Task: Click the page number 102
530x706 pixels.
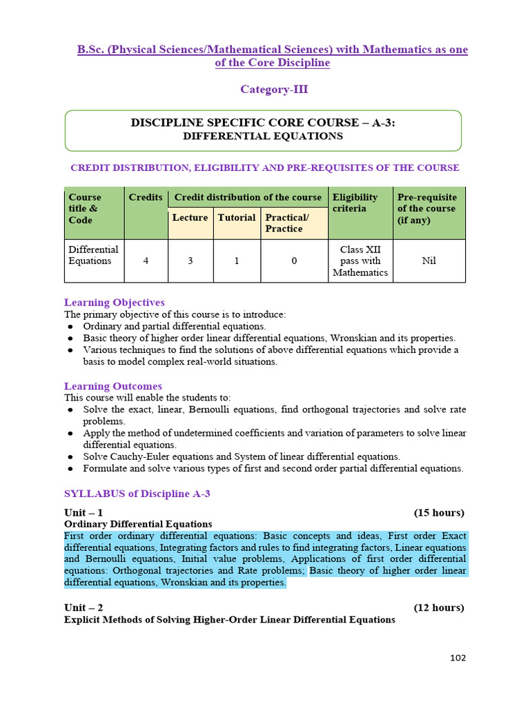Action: tap(458, 658)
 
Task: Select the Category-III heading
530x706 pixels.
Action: tap(274, 89)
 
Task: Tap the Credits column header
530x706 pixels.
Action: tap(146, 197)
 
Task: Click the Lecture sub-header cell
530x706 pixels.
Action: tap(190, 217)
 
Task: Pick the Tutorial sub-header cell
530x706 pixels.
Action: tap(237, 217)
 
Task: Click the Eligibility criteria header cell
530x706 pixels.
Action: tap(355, 203)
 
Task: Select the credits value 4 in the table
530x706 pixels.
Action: tap(146, 261)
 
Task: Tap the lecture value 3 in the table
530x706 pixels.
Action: tap(190, 261)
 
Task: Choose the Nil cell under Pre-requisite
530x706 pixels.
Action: tap(429, 261)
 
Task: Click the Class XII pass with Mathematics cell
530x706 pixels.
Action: tap(360, 261)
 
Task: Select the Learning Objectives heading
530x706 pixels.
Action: tap(115, 302)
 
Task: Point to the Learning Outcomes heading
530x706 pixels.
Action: tap(113, 386)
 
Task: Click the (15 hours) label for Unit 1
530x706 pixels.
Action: tap(439, 512)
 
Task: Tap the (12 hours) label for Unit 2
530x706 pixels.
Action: tap(439, 607)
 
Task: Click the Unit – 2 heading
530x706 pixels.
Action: tap(84, 607)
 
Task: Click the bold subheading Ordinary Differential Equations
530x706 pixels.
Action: tap(138, 524)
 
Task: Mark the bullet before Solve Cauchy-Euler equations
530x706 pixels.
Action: tap(71, 457)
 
